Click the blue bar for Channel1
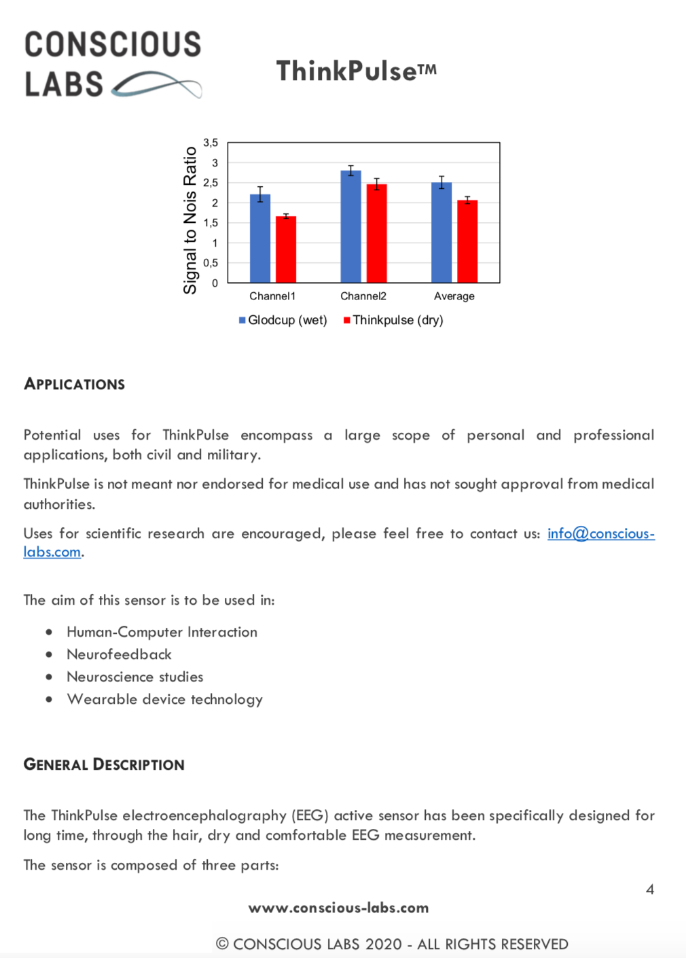pos(260,238)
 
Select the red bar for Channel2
pos(376,233)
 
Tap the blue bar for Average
pos(441,232)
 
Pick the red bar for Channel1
pos(286,249)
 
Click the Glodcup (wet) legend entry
pos(283,320)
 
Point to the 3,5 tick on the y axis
pos(211,143)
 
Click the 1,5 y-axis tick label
pos(211,223)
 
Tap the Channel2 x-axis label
pos(363,296)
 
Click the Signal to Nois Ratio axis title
pos(190,220)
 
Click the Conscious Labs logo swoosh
pos(157,85)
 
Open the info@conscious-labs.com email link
pos(600,533)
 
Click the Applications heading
pos(75,384)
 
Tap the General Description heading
pos(104,764)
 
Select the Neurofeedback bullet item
pos(119,654)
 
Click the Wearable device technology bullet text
pos(164,699)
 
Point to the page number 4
pos(650,889)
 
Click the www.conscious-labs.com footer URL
pos(338,908)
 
